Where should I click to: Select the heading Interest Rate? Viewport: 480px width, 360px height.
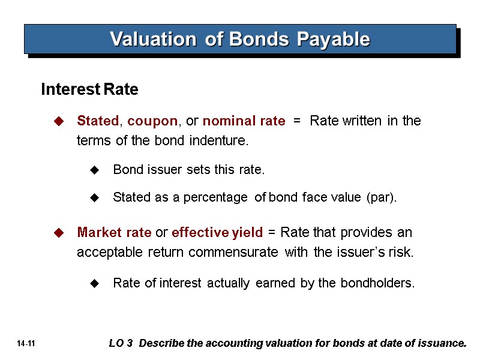[89, 90]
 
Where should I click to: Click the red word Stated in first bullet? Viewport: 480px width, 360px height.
[98, 121]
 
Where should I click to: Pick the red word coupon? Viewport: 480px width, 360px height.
[152, 121]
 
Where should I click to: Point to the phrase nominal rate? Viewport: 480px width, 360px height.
[244, 121]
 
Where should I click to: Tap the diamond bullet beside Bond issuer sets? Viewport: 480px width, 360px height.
[94, 170]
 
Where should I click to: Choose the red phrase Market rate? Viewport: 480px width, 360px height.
[114, 232]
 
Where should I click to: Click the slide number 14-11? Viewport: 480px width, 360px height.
[26, 344]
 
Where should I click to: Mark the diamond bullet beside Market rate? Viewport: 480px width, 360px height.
[58, 232]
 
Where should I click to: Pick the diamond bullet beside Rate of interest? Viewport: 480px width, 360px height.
[94, 283]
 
